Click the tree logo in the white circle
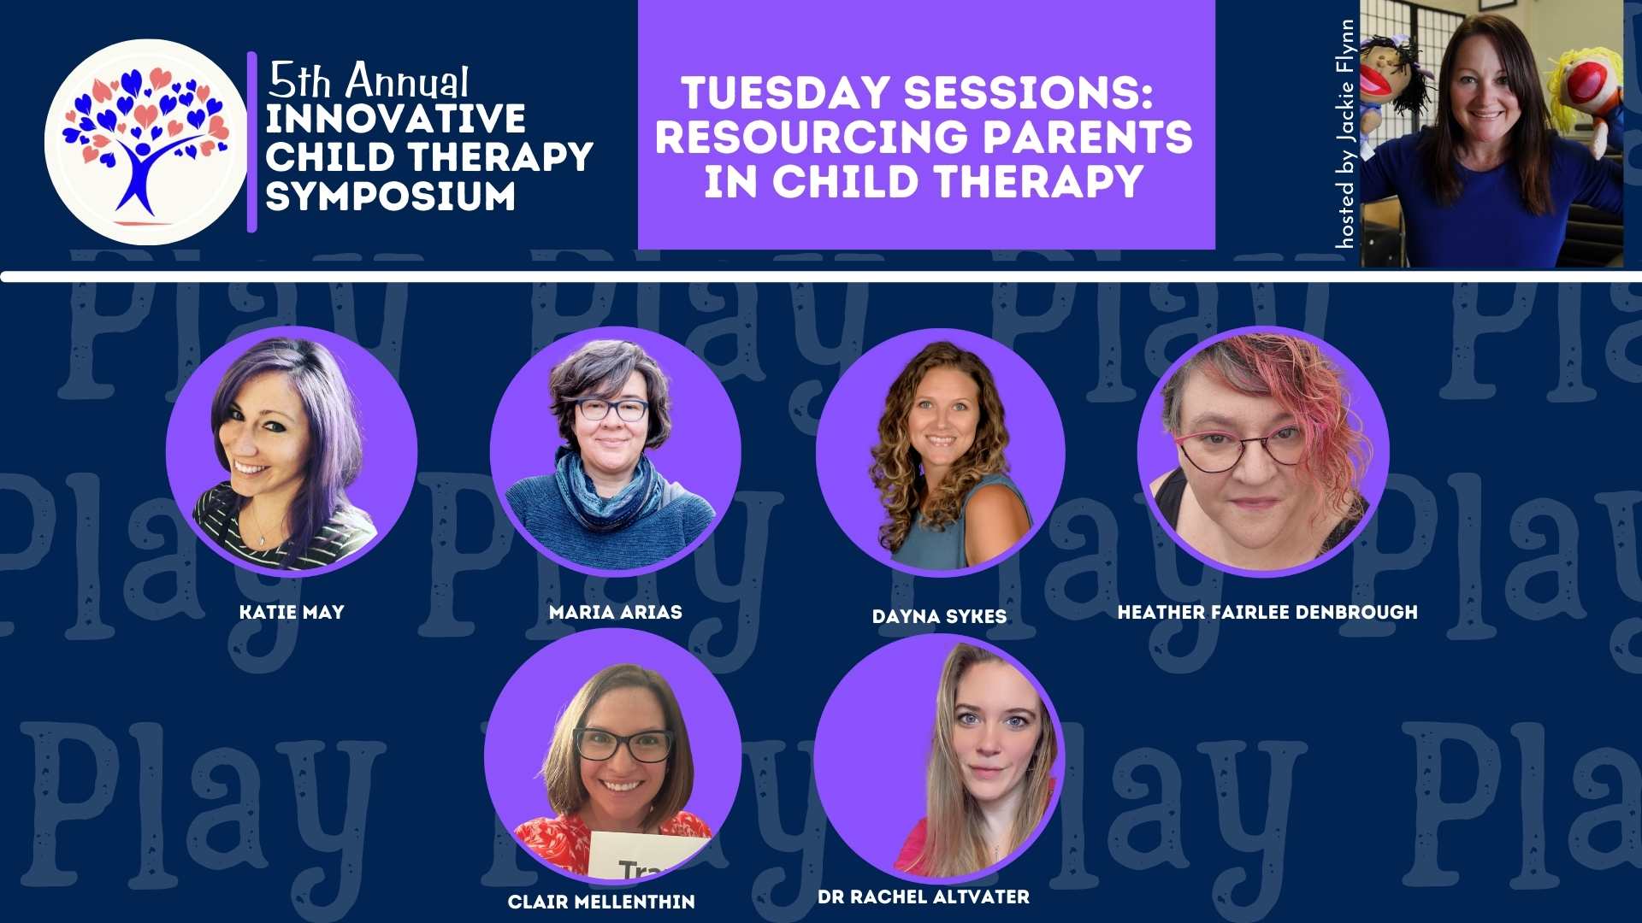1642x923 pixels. pyautogui.click(x=145, y=142)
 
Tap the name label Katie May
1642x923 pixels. pyautogui.click(x=292, y=612)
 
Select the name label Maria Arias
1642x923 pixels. pyautogui.click(x=616, y=612)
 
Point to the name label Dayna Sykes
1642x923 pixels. pyautogui.click(x=939, y=616)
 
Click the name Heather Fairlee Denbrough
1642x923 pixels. pyautogui.click(x=1267, y=612)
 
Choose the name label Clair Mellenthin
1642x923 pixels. pyautogui.click(x=601, y=902)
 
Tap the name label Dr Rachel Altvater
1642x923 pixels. pyautogui.click(x=924, y=897)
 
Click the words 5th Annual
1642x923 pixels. pyautogui.click(x=369, y=81)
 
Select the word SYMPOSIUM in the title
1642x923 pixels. pyautogui.click(x=391, y=197)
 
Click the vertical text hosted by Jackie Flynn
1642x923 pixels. pyautogui.click(x=1345, y=134)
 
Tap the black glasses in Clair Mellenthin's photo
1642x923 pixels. pyautogui.click(x=623, y=744)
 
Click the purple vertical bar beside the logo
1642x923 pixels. pyautogui.click(x=252, y=142)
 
